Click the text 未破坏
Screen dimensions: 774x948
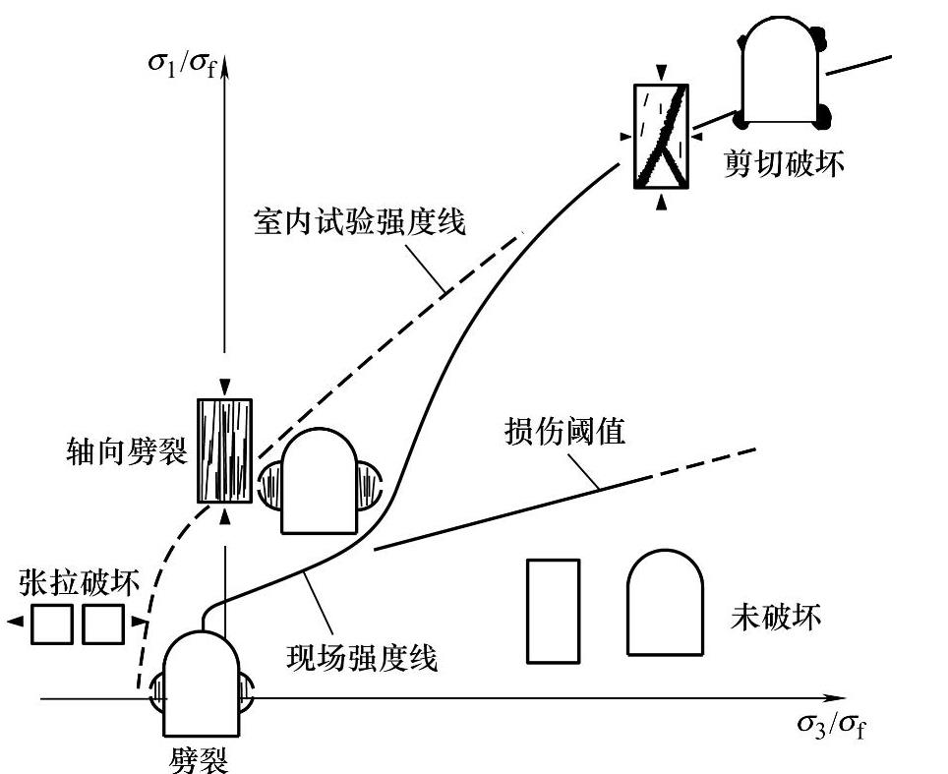[x=776, y=618]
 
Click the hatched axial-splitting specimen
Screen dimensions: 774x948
[x=224, y=449]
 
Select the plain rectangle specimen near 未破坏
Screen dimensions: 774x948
[x=553, y=610]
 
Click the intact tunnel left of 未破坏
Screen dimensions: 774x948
[x=665, y=602]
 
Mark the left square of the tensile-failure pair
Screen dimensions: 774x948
[x=53, y=624]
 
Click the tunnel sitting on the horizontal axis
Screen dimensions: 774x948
[x=201, y=685]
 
